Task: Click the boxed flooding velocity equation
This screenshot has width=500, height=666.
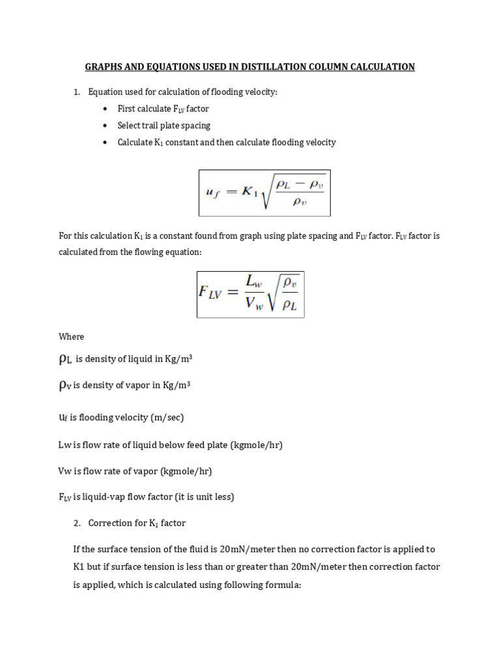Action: point(264,192)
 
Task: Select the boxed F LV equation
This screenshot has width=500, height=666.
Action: point(251,294)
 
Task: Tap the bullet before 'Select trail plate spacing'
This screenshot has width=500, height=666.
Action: point(105,126)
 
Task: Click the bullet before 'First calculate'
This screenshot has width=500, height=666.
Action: point(105,109)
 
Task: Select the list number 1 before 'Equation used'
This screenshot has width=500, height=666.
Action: point(76,92)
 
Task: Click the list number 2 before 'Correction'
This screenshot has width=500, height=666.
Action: point(76,522)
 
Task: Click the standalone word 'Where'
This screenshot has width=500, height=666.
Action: point(71,336)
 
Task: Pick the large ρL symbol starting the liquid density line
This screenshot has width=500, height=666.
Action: point(66,360)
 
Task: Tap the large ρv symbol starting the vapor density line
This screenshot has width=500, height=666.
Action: point(65,385)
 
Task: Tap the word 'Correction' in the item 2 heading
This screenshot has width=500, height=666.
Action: point(109,522)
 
